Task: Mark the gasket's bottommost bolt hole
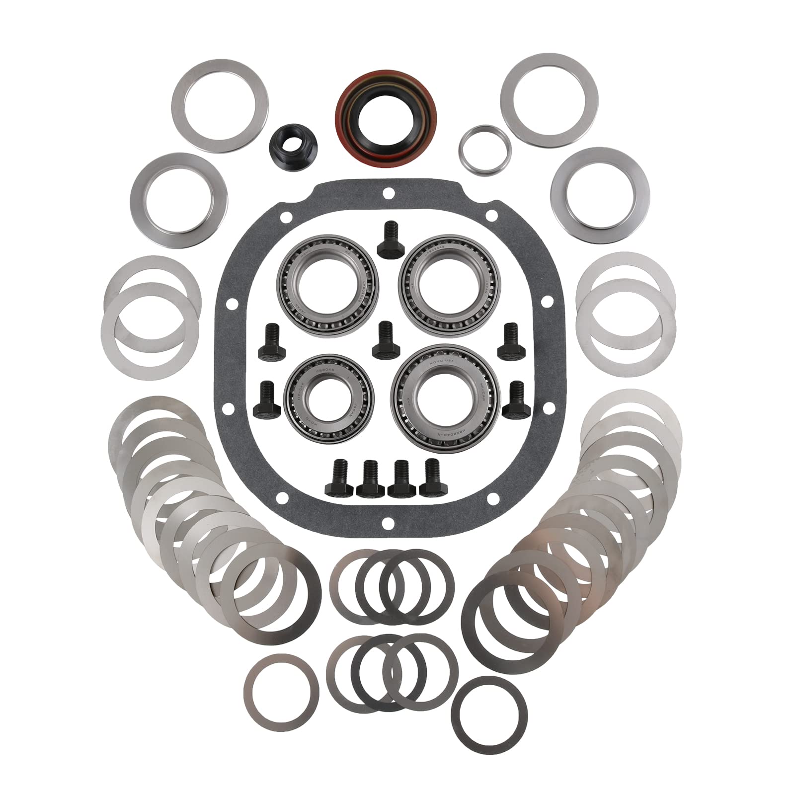(389, 523)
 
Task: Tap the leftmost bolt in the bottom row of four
(338, 479)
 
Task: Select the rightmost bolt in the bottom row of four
(433, 479)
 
